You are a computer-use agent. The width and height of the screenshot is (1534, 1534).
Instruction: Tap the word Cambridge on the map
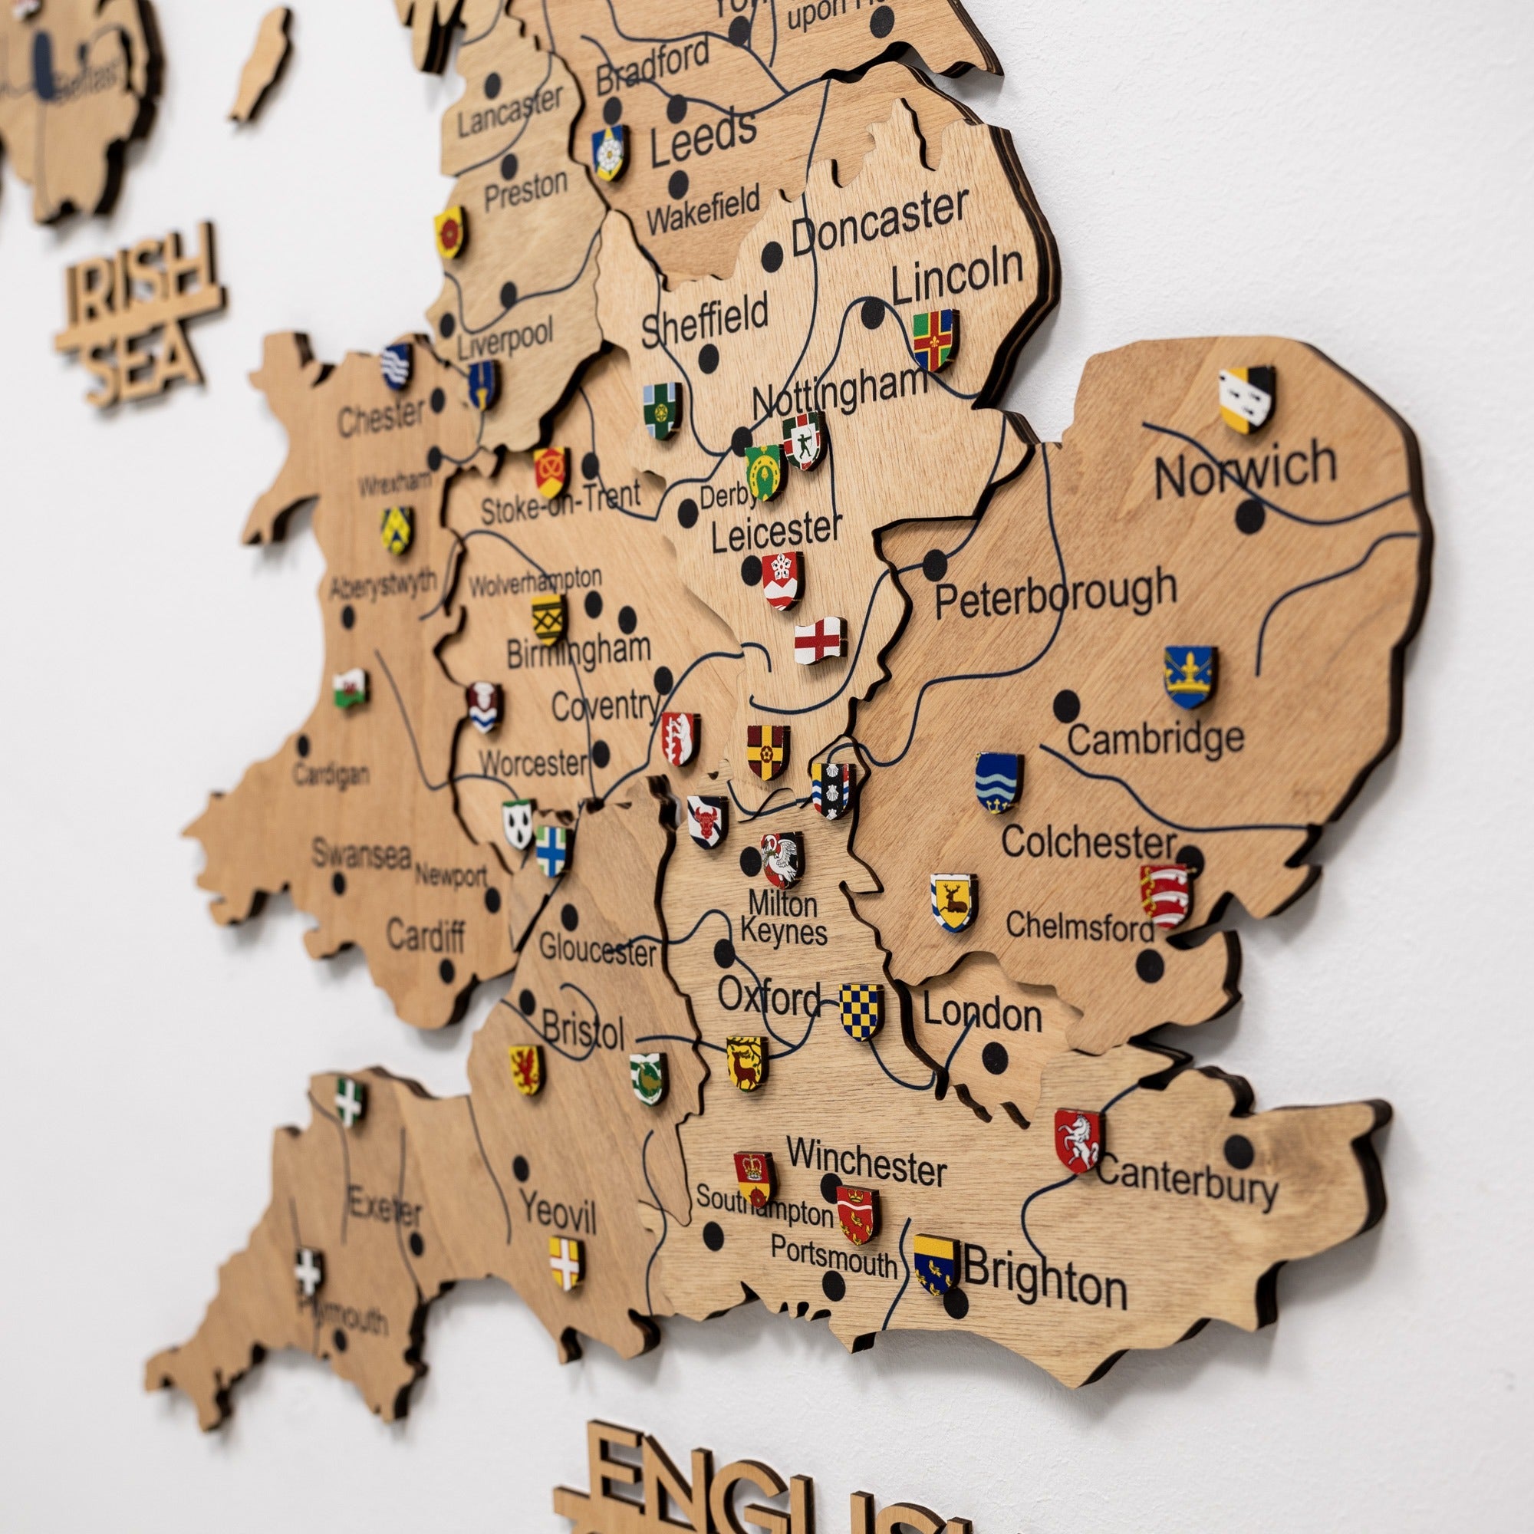(x=1155, y=739)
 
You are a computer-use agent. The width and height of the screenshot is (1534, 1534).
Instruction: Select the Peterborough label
(x=1055, y=594)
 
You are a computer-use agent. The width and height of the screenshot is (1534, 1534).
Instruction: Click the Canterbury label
(x=1187, y=1183)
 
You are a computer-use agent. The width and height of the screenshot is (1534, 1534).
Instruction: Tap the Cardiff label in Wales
(x=426, y=937)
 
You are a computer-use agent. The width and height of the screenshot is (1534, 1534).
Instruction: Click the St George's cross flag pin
(x=818, y=640)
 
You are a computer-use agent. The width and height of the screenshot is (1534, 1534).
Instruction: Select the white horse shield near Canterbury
(x=1078, y=1141)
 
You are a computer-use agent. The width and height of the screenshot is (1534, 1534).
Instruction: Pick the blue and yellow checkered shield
(x=861, y=1011)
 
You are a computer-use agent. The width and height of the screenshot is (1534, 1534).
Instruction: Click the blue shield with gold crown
(x=1190, y=676)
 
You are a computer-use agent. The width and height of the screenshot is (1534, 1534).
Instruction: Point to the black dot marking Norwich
(x=1250, y=517)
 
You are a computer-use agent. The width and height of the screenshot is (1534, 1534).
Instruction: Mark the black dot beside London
(x=995, y=1057)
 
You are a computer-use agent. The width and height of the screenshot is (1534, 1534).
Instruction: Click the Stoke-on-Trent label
(x=561, y=503)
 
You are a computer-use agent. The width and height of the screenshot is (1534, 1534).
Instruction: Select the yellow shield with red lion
(x=525, y=1068)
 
